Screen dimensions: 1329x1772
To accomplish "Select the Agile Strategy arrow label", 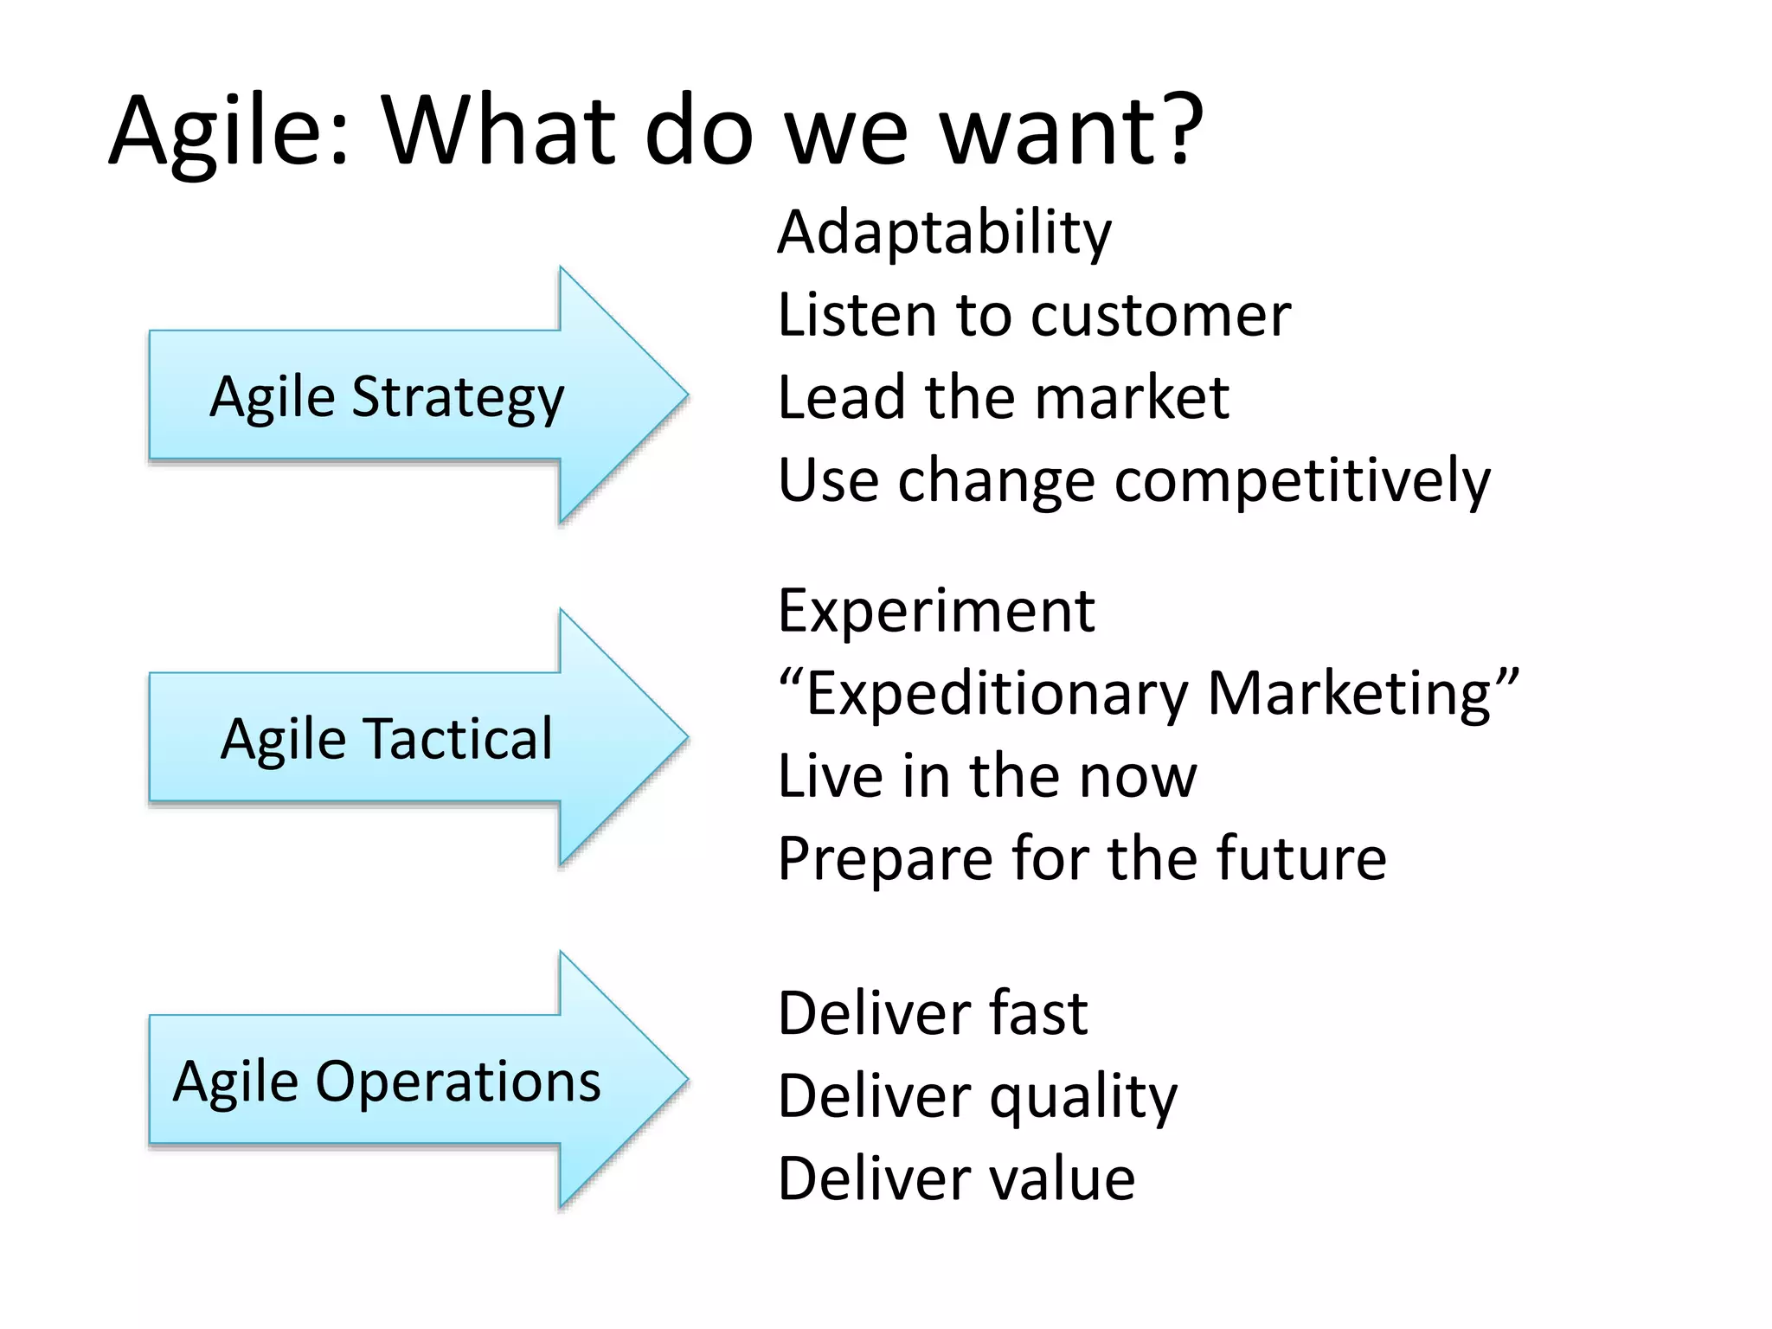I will pos(387,397).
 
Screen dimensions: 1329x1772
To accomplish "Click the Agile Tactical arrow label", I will pos(387,739).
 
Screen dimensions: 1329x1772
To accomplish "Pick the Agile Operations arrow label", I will pos(387,1082).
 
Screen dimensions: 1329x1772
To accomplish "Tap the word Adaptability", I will pos(944,233).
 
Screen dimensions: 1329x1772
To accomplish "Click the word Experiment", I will pos(936,611).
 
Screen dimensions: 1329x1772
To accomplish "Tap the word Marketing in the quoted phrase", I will pos(1351,694).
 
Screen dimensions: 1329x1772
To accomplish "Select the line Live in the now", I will pos(986,776).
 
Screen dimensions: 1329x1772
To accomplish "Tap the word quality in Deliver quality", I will pos(1083,1097).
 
